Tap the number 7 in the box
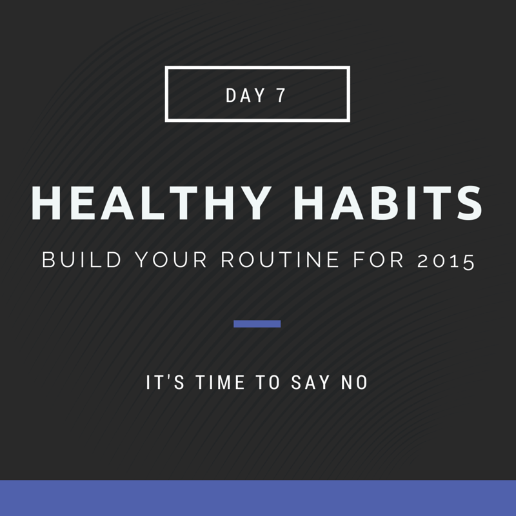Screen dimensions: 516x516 [x=281, y=95]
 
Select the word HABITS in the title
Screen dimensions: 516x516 [x=388, y=203]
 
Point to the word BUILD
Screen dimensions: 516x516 [x=82, y=260]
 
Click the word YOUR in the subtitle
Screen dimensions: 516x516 [x=171, y=260]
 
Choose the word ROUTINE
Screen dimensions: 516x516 [x=280, y=260]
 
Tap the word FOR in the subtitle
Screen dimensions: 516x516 [x=379, y=260]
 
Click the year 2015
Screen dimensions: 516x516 [x=446, y=261]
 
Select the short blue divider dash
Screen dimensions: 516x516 [x=257, y=324]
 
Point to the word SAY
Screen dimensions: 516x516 [x=310, y=382]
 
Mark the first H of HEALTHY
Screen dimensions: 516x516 [x=46, y=203]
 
